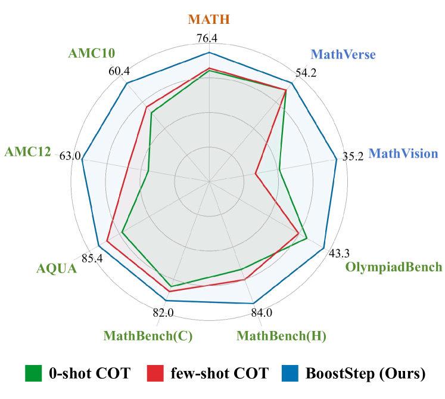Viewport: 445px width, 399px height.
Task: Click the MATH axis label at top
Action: tap(209, 20)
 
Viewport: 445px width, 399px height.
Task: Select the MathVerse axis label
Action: tap(343, 55)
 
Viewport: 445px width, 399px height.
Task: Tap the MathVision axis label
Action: tap(403, 154)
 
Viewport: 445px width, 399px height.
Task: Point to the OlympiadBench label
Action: tap(394, 267)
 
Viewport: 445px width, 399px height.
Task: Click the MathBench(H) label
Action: tap(281, 336)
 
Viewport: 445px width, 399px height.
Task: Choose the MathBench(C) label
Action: tap(148, 336)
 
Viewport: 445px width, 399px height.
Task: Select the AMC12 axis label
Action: tap(27, 152)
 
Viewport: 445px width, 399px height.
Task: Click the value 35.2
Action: tap(353, 157)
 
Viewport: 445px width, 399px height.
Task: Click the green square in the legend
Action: tap(33, 373)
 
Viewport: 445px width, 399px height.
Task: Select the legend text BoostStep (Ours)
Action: tap(366, 374)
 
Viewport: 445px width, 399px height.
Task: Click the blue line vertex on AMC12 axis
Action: tap(82, 159)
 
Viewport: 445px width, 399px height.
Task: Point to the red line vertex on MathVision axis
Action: tap(255, 174)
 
